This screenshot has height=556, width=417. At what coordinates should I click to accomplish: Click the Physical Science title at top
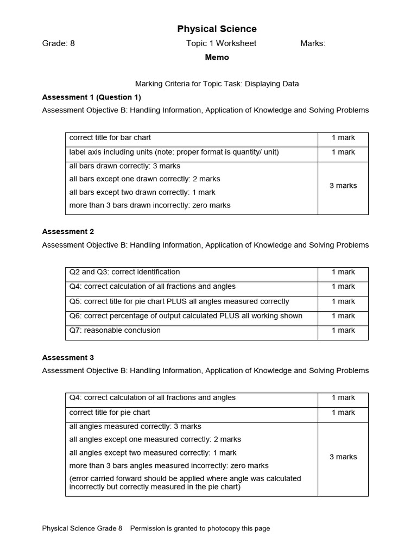click(x=217, y=29)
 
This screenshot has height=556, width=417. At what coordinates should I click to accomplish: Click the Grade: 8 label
click(x=59, y=43)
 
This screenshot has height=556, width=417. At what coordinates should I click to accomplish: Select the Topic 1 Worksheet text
click(x=221, y=43)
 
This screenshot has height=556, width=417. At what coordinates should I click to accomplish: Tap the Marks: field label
click(x=313, y=43)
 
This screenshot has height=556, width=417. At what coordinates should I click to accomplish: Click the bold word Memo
click(x=217, y=57)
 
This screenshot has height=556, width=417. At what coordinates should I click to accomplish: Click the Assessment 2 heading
click(x=68, y=231)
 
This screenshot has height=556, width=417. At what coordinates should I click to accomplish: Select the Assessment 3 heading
click(x=68, y=357)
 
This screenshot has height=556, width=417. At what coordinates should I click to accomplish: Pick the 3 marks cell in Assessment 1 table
click(x=343, y=186)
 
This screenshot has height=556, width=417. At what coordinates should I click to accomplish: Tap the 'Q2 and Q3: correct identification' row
click(x=124, y=272)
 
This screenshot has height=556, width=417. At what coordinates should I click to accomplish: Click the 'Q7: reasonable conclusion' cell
click(x=115, y=330)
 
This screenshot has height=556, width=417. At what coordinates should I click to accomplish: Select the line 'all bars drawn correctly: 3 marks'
click(x=125, y=166)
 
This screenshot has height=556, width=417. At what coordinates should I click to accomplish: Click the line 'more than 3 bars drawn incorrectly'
click(x=150, y=205)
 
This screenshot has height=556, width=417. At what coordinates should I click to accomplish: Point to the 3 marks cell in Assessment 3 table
click(x=343, y=457)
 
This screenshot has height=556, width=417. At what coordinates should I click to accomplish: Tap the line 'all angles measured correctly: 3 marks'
click(x=135, y=426)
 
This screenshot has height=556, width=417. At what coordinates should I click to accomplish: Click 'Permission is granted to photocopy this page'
click(x=200, y=528)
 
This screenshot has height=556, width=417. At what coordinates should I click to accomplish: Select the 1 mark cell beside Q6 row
click(x=343, y=316)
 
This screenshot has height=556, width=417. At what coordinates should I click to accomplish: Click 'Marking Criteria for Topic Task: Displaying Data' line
click(x=217, y=84)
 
